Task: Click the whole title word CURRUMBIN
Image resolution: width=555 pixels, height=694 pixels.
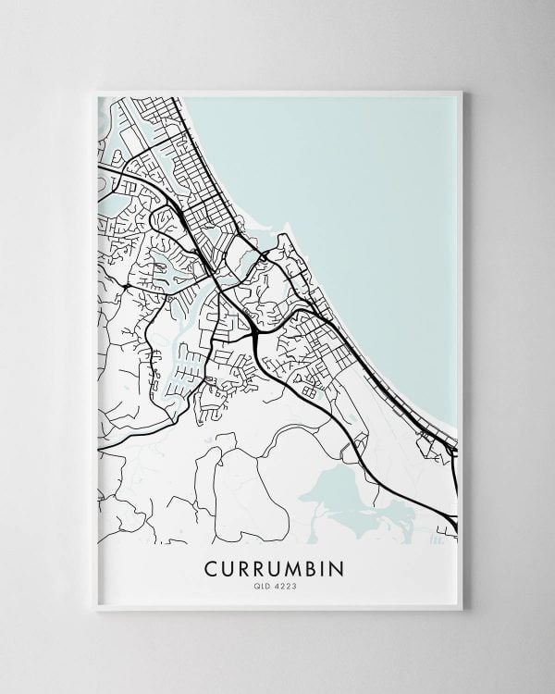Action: click(277, 565)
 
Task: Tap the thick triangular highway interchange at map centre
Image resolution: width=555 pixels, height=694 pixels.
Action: click(253, 328)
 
